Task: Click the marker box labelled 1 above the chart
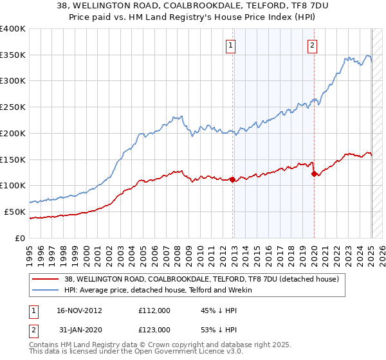click(x=230, y=45)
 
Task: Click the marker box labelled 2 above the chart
click(x=312, y=45)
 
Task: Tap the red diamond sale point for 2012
click(x=233, y=179)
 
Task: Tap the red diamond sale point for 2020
click(x=314, y=174)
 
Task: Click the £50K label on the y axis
click(x=15, y=212)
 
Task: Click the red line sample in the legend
click(x=45, y=280)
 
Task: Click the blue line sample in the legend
click(x=45, y=291)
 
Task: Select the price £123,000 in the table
click(x=154, y=329)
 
